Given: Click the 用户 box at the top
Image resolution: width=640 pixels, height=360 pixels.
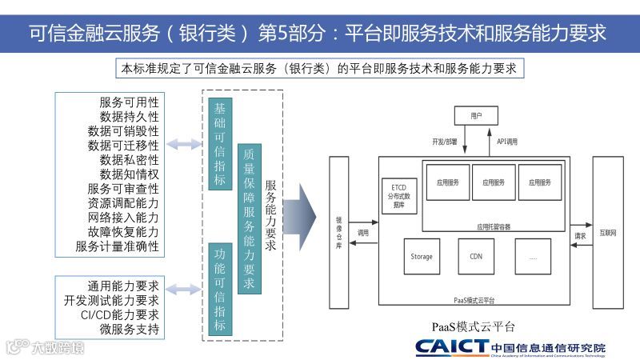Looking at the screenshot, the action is pyautogui.click(x=477, y=117).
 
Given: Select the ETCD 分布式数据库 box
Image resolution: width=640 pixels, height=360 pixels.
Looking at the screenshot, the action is pyautogui.click(x=399, y=194).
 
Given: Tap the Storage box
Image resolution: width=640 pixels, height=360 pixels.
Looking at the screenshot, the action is pyautogui.click(x=422, y=257).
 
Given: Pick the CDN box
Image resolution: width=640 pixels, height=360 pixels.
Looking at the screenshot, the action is pyautogui.click(x=477, y=257).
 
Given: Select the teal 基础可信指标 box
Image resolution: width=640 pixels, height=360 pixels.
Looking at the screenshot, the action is pyautogui.click(x=220, y=144).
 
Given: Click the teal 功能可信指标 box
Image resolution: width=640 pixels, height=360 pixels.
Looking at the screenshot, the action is pyautogui.click(x=220, y=287).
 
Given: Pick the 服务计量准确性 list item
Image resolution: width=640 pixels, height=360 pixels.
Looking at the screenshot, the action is pyautogui.click(x=118, y=246).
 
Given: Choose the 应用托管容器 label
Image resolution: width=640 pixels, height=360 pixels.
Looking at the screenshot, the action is pyautogui.click(x=493, y=226).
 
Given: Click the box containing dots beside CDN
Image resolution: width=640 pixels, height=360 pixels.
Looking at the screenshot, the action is pyautogui.click(x=533, y=257).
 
